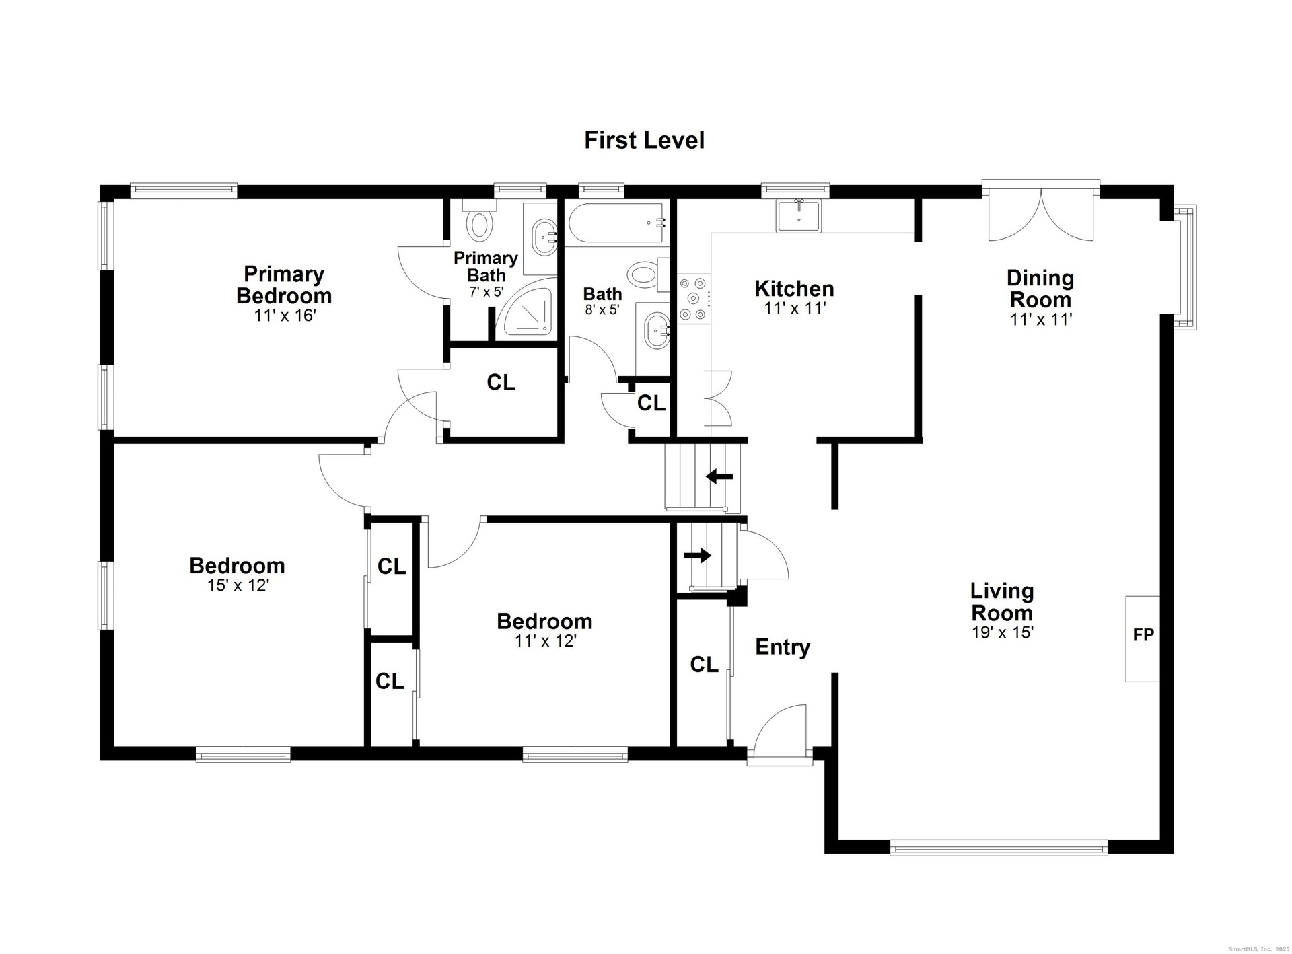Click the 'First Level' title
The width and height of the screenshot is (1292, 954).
tap(644, 140)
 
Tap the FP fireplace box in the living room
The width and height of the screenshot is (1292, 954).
tap(1143, 638)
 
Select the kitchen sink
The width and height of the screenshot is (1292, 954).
tap(799, 215)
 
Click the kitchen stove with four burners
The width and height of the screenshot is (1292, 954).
tap(693, 298)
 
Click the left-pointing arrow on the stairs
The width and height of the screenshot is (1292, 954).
tap(719, 477)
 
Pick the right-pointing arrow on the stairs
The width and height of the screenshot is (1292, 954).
tap(698, 555)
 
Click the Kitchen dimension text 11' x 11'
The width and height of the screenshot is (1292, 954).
tap(795, 309)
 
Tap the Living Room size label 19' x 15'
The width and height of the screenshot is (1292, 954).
tap(1002, 632)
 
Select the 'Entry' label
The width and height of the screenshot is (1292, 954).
tap(783, 647)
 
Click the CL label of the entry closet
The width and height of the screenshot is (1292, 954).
tap(704, 665)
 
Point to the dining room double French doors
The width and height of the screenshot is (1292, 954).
tap(1041, 210)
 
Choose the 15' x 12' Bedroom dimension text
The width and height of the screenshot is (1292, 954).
tap(238, 585)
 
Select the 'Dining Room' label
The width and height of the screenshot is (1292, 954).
tap(1040, 289)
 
